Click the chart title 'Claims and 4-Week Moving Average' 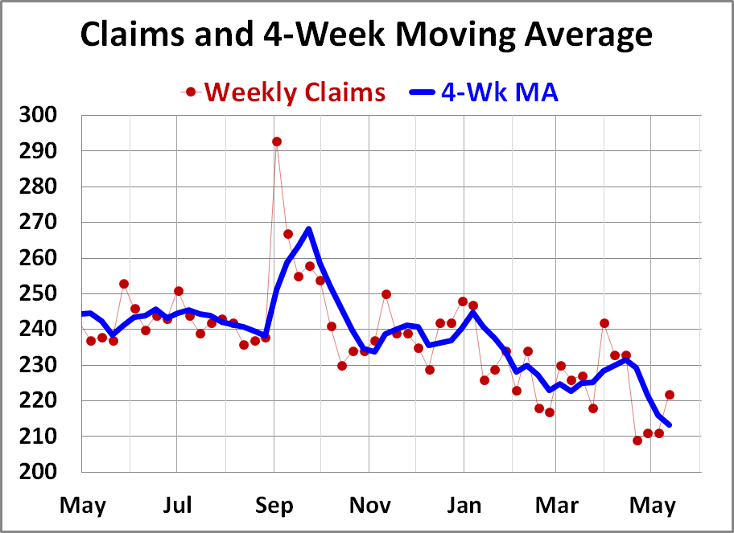click(366, 35)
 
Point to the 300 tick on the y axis click(38, 116)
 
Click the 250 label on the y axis click(38, 293)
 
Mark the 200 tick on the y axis click(38, 471)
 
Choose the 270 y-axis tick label click(38, 223)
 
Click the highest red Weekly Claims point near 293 click(276, 141)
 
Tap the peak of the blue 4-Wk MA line click(308, 229)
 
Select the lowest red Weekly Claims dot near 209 click(637, 441)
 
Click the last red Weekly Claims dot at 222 click(670, 395)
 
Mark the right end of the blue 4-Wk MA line click(670, 424)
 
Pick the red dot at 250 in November click(386, 294)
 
